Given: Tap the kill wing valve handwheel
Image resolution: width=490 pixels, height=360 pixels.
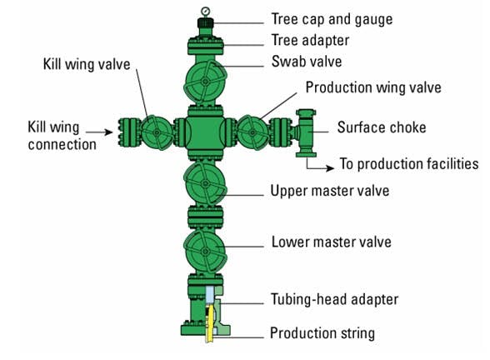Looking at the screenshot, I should [155, 132].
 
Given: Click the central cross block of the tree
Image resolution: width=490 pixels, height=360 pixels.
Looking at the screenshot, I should [202, 132].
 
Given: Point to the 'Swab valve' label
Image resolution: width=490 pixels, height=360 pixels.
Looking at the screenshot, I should [307, 62].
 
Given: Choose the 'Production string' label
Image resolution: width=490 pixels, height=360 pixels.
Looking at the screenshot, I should [322, 333].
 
